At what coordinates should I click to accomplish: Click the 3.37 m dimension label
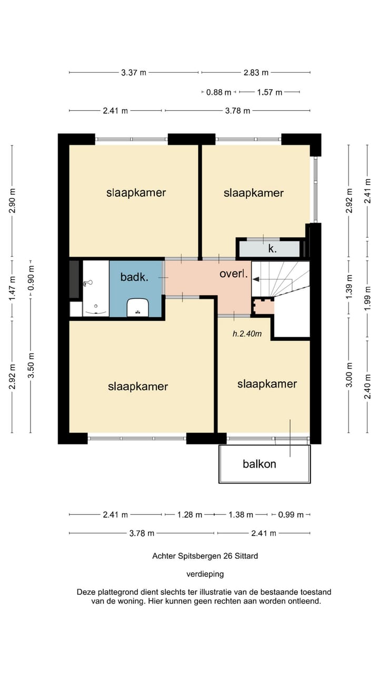coord(134,73)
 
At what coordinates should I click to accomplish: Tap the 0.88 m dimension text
coord(218,92)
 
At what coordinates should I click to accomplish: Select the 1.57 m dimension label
coord(270,92)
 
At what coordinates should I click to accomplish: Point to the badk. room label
coord(134,277)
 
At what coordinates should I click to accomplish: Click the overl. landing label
coord(234,274)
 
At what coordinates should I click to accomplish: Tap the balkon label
coord(260,464)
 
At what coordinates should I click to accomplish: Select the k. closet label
coord(273,249)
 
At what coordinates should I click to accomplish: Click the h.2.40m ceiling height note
coord(247,334)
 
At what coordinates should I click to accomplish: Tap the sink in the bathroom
coord(138,307)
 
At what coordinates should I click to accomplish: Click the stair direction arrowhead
coord(256,279)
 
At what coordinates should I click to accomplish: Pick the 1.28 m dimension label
coord(189,515)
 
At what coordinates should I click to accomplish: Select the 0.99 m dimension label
coord(291,515)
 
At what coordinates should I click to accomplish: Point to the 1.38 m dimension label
coord(241,515)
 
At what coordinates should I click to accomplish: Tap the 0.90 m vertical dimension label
coord(31,277)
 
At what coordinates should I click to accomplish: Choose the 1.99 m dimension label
coord(367,298)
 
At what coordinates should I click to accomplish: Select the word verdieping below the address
coord(205,574)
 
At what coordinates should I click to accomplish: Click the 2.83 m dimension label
coord(256,73)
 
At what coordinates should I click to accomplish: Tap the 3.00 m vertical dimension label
coord(349,375)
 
